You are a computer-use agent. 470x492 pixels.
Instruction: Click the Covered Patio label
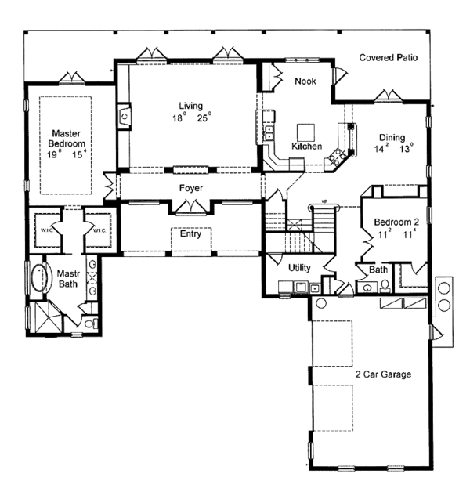click(x=389, y=57)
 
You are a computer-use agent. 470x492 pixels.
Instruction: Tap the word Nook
click(x=305, y=81)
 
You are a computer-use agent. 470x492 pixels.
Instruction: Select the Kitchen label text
click(x=306, y=146)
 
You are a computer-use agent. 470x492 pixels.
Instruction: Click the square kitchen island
click(x=305, y=130)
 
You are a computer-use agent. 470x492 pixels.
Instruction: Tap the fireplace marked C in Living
click(x=124, y=117)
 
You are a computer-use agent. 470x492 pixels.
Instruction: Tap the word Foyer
click(x=191, y=188)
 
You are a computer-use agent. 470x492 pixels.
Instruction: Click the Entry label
click(x=190, y=233)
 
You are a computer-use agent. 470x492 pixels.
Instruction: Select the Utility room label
click(x=299, y=268)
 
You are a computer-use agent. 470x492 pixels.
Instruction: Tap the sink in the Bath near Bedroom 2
click(x=368, y=287)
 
